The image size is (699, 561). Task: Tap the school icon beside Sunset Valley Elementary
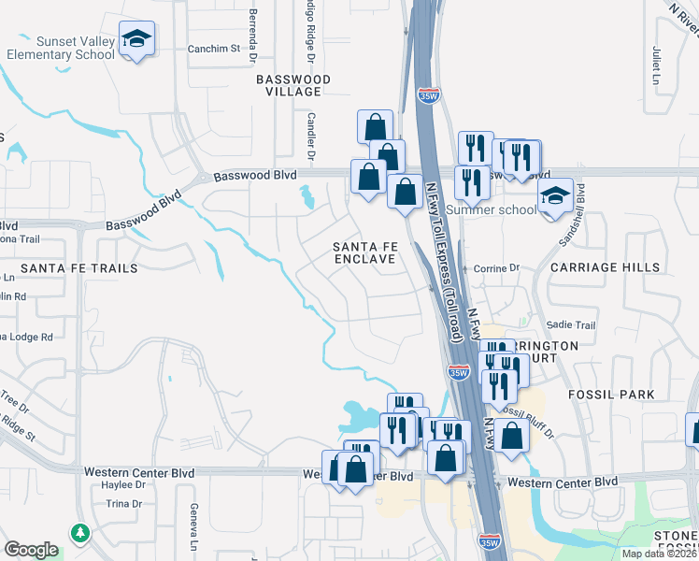(x=137, y=40)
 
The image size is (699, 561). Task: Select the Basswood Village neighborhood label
(x=293, y=86)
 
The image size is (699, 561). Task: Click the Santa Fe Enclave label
(x=366, y=252)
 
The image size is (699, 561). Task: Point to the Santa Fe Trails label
(x=78, y=268)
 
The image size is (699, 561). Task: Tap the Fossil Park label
(x=611, y=395)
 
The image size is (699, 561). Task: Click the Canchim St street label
(x=214, y=49)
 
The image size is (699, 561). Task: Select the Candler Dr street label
(x=310, y=137)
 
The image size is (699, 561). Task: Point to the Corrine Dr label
(x=496, y=268)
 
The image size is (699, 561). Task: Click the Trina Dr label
(x=122, y=504)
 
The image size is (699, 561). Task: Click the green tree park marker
(x=79, y=533)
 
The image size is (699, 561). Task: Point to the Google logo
(x=31, y=551)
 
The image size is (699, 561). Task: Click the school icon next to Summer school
(x=555, y=197)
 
